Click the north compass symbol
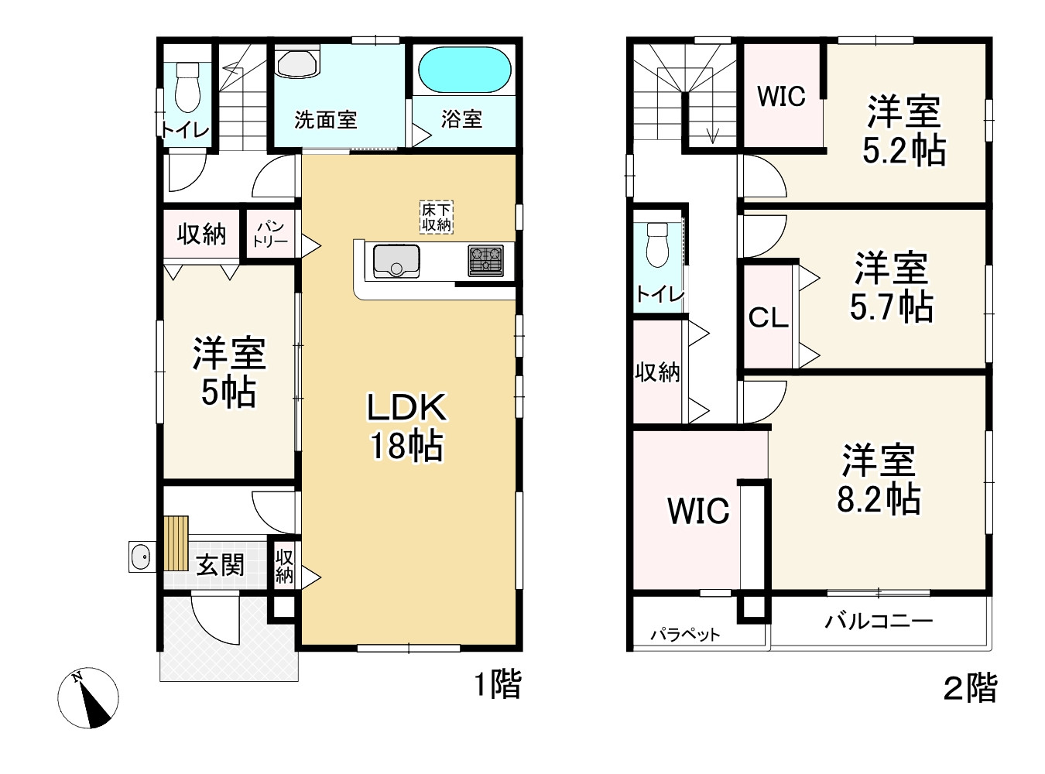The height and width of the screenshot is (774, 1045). pos(88,698)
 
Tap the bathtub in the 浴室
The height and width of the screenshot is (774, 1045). pos(464,70)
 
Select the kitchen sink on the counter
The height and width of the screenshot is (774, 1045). pos(396,261)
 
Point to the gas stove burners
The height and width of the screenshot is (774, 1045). pos(485,261)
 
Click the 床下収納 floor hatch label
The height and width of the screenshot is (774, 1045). pos(437,217)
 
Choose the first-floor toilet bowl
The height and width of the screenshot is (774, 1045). pos(187,87)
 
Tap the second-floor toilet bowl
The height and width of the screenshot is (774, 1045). pos(657,245)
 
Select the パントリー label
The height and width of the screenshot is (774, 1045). pos(270,234)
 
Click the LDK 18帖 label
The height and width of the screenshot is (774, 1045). pos(407,426)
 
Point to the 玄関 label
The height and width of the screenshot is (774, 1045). pos(220,565)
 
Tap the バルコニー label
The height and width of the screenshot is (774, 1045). pos(879,622)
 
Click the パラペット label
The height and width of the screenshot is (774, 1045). pos(685,635)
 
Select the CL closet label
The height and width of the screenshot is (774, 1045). pos(769,317)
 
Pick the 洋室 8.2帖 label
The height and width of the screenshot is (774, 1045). pos(879,479)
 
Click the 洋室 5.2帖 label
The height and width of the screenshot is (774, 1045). pos(903,130)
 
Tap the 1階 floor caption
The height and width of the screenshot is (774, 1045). pos(498,685)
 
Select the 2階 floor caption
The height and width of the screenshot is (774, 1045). pos(970,688)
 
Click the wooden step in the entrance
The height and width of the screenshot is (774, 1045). pos(176,543)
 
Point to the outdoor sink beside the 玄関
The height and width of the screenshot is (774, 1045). pos(142,557)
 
